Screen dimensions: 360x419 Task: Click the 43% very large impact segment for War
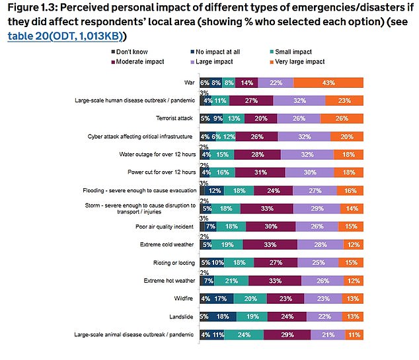pyautogui.click(x=328, y=83)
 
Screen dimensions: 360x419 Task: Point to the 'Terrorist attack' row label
pyautogui.click(x=174, y=119)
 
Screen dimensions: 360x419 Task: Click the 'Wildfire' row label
pyautogui.click(x=183, y=299)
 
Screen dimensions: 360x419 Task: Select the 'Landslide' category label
pyautogui.click(x=181, y=316)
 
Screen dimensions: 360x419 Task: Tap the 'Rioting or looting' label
pyautogui.click(x=173, y=262)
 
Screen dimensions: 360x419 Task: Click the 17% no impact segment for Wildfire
pyautogui.click(x=220, y=299)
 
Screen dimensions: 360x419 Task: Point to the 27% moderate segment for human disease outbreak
pyautogui.click(x=251, y=101)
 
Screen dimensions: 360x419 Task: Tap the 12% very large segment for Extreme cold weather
pyautogui.click(x=353, y=244)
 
